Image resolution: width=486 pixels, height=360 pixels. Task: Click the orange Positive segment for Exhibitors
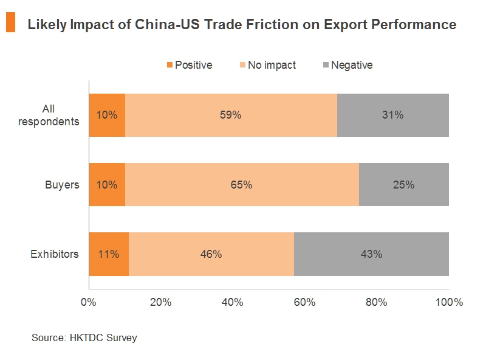[x=109, y=254]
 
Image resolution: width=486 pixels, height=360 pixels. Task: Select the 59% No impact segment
[x=231, y=115]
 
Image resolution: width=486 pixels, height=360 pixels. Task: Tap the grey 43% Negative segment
[x=371, y=254]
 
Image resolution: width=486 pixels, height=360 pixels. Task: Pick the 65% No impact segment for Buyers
[x=242, y=185]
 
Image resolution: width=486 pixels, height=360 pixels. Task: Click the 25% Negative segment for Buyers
[x=403, y=185]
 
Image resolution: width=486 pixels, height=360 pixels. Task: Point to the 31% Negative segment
[x=392, y=115]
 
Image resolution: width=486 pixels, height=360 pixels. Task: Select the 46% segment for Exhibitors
[x=211, y=254]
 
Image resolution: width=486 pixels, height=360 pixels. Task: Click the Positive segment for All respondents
[x=107, y=115]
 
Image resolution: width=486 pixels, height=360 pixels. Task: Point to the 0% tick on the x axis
[x=89, y=302]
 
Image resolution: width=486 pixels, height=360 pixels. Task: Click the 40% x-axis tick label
[x=233, y=302]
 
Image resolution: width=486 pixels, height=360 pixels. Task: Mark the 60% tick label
[x=305, y=302]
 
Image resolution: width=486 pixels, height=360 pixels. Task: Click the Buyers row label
[x=63, y=185]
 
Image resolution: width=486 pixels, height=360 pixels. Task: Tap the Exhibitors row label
[x=55, y=254]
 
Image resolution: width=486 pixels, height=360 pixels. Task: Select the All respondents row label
[x=49, y=115]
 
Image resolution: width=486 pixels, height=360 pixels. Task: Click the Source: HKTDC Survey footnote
[x=84, y=337]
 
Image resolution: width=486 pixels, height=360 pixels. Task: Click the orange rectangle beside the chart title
[x=10, y=23]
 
